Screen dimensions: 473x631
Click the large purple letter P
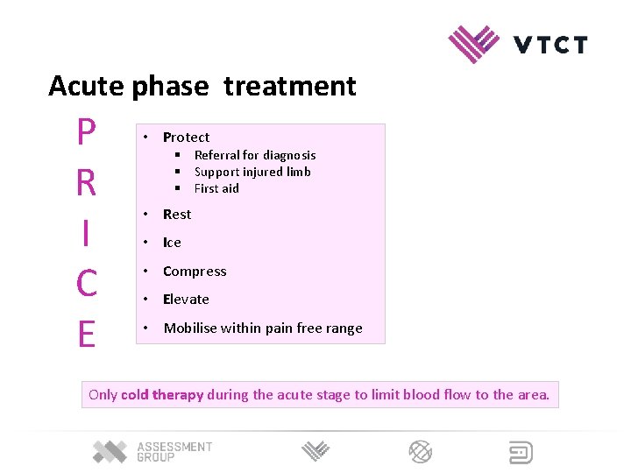click(x=85, y=133)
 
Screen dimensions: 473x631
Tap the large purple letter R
click(x=86, y=183)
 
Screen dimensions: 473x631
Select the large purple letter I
click(x=85, y=234)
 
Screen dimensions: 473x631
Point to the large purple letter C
click(x=86, y=284)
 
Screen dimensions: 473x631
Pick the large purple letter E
click(x=86, y=335)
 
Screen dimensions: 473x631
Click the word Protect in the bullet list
click(x=186, y=138)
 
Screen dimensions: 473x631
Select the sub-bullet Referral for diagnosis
click(x=254, y=155)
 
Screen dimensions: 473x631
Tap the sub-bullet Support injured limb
click(x=252, y=172)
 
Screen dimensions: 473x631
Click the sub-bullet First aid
click(x=216, y=188)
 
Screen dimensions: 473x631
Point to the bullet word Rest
click(x=177, y=215)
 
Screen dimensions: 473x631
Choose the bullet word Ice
click(x=172, y=243)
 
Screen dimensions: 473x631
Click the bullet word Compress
click(x=195, y=272)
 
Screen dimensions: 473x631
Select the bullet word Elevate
click(x=186, y=300)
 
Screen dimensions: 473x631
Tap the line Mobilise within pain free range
click(x=263, y=328)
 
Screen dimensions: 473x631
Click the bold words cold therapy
click(x=162, y=395)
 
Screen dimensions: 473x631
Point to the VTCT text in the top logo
click(x=550, y=45)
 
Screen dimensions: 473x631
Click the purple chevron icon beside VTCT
click(x=473, y=44)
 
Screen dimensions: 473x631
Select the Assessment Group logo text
click(x=174, y=452)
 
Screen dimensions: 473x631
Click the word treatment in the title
click(x=290, y=86)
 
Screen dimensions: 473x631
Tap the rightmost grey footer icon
click(x=521, y=452)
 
